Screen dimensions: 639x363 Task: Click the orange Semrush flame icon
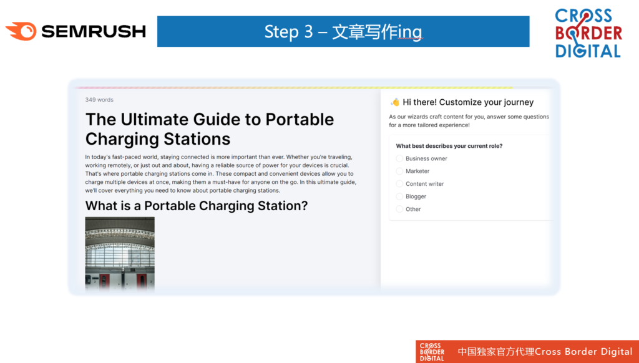[21, 31]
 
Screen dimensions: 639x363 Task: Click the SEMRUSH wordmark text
[94, 31]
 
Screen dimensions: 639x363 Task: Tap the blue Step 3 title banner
[343, 31]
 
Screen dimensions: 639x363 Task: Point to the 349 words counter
[99, 100]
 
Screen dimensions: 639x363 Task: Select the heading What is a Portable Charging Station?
[197, 206]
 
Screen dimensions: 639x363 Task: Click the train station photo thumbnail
[120, 253]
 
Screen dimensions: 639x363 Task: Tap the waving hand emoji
[394, 102]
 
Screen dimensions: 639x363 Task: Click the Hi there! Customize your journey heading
[468, 102]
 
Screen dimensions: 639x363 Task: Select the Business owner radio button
[399, 158]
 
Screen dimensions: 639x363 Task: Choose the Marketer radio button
[399, 171]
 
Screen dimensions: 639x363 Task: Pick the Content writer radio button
[399, 184]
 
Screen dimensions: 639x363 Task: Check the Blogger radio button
[399, 196]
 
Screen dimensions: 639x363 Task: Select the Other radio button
[399, 209]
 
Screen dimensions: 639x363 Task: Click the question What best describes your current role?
[449, 146]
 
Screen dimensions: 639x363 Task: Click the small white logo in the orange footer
[432, 352]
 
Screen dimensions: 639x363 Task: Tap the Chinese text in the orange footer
[496, 352]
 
